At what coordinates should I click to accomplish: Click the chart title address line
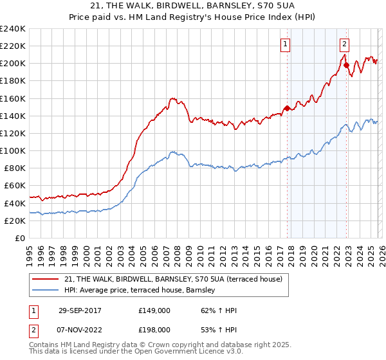tap(193, 6)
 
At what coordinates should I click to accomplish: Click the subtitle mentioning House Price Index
tap(193, 17)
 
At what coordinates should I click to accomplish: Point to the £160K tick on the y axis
tap(13, 98)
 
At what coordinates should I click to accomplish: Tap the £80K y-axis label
tap(14, 168)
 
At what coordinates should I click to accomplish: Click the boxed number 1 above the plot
tap(285, 44)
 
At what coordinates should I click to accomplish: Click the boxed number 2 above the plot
tap(344, 44)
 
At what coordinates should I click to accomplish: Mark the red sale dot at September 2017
tap(287, 108)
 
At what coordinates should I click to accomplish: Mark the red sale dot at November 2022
tap(346, 65)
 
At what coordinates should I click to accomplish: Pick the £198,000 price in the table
tap(154, 329)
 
